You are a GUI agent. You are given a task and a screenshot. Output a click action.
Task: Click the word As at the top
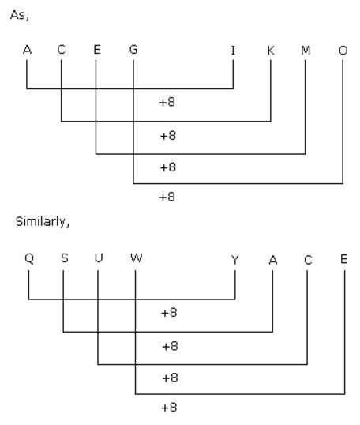click(x=19, y=15)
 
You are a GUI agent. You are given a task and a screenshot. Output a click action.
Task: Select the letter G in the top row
click(x=133, y=50)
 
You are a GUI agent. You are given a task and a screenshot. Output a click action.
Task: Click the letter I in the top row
click(x=233, y=51)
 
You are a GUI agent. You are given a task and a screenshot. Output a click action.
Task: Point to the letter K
click(x=271, y=51)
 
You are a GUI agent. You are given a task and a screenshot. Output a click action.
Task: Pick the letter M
click(x=306, y=51)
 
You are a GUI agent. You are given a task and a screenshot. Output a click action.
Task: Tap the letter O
click(x=343, y=51)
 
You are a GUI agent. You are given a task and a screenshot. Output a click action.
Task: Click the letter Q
click(x=29, y=258)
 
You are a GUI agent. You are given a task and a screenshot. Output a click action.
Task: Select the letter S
click(x=65, y=258)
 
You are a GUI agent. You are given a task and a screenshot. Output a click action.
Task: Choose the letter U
click(x=99, y=258)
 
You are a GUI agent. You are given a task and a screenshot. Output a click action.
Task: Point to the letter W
click(x=136, y=258)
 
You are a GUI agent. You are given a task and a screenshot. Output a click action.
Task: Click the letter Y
click(x=235, y=260)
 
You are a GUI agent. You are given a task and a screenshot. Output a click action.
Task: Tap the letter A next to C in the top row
click(x=27, y=50)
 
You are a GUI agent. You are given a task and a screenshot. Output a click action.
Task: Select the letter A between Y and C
click(x=273, y=260)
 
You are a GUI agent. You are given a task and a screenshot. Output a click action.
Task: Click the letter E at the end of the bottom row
click(x=344, y=259)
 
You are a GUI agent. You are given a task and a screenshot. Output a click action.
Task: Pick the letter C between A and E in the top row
click(x=62, y=50)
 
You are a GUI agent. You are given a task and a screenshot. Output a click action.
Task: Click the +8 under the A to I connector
click(x=167, y=102)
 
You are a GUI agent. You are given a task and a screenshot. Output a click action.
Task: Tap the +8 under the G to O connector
click(x=167, y=197)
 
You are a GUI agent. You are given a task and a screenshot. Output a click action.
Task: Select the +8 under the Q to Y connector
click(x=169, y=313)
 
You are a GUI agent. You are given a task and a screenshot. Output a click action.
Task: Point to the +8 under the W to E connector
click(x=169, y=408)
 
